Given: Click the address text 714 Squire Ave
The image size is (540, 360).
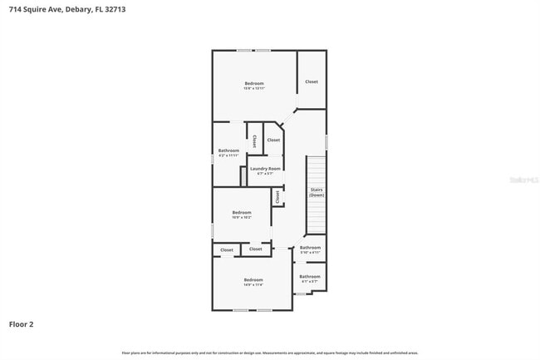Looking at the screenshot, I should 36,10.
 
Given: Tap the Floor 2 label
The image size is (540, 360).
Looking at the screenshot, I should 22,324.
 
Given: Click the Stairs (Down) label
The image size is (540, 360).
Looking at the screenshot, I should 317,192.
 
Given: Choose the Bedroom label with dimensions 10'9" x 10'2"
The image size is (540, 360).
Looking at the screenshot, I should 241,214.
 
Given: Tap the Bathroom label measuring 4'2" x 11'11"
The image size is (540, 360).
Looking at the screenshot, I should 228,152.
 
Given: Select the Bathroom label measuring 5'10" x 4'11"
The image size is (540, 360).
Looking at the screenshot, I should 310,249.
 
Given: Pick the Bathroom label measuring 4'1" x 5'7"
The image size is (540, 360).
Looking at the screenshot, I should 310,278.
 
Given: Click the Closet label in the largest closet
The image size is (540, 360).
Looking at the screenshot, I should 311,81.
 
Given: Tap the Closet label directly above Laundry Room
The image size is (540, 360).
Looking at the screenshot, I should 273,140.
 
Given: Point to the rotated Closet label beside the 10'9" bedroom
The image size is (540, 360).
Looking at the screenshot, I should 277,197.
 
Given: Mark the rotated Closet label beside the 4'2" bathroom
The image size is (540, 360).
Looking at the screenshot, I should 254,140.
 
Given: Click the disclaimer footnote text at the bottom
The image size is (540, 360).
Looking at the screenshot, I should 269,353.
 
